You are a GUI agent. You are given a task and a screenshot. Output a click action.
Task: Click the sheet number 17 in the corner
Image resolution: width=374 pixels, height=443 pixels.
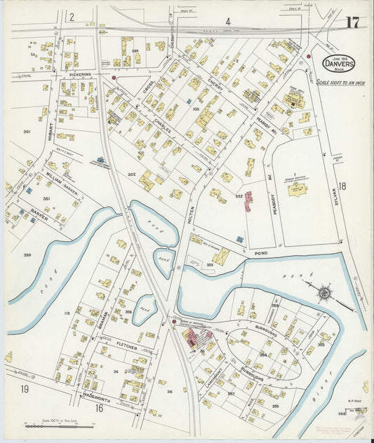point(352,22)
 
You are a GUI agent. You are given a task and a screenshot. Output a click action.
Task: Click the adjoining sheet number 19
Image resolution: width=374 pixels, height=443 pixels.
point(25,389)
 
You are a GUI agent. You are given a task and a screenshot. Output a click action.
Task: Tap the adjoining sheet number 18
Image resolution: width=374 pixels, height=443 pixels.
point(342,186)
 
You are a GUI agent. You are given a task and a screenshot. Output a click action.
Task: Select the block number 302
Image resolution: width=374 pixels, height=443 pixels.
point(131,174)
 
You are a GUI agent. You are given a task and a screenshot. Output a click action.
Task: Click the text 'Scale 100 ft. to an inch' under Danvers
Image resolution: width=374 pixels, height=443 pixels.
point(340,82)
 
